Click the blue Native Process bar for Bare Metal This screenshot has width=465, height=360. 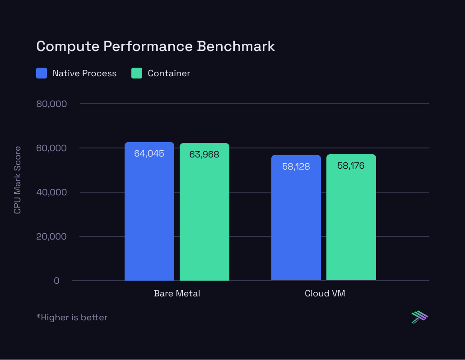149,217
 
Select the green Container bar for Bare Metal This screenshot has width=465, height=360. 204,217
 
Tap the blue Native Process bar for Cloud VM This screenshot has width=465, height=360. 296,221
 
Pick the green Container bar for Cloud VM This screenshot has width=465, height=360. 351,221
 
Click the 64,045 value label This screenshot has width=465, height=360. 149,154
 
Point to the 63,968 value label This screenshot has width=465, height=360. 204,155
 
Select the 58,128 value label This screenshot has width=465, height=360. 296,166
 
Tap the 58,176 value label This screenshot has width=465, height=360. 351,166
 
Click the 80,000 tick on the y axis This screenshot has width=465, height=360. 51,104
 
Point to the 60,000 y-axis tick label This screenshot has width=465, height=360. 51,148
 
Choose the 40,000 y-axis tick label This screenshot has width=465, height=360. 51,193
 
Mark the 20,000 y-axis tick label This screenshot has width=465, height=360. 51,237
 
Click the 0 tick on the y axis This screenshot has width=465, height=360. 56,281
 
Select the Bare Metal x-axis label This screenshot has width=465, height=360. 177,294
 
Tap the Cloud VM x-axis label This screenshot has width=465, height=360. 325,294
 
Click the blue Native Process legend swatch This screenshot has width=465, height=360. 42,73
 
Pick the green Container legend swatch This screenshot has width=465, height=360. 137,73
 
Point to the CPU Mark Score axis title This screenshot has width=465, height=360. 17,180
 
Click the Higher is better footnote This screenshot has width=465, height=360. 72,318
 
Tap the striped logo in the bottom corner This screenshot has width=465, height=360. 419,317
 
